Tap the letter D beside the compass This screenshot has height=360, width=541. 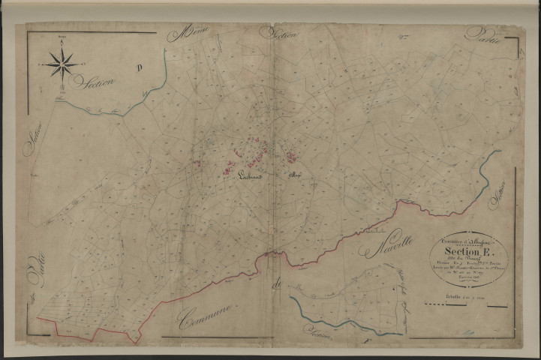pos(139,68)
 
